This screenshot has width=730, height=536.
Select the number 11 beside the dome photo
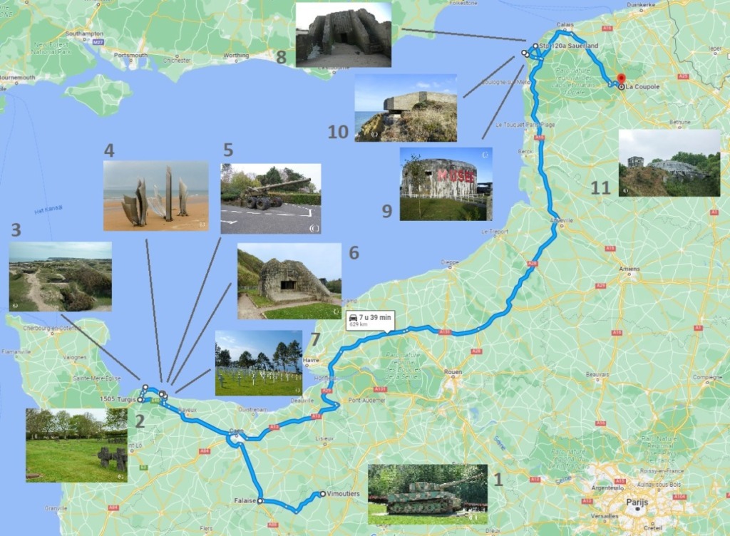tap(600, 188)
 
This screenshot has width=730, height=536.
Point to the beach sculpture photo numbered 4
tap(156, 195)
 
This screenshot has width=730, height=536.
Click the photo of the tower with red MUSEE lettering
tap(446, 184)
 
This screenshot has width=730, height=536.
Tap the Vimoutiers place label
tap(345, 494)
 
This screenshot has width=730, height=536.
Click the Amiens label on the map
tap(629, 269)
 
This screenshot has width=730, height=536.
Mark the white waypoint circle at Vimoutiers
tap(323, 494)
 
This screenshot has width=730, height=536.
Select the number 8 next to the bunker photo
tap(281, 57)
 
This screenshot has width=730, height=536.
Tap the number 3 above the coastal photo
tap(16, 230)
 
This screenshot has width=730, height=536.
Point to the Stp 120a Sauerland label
tap(569, 46)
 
